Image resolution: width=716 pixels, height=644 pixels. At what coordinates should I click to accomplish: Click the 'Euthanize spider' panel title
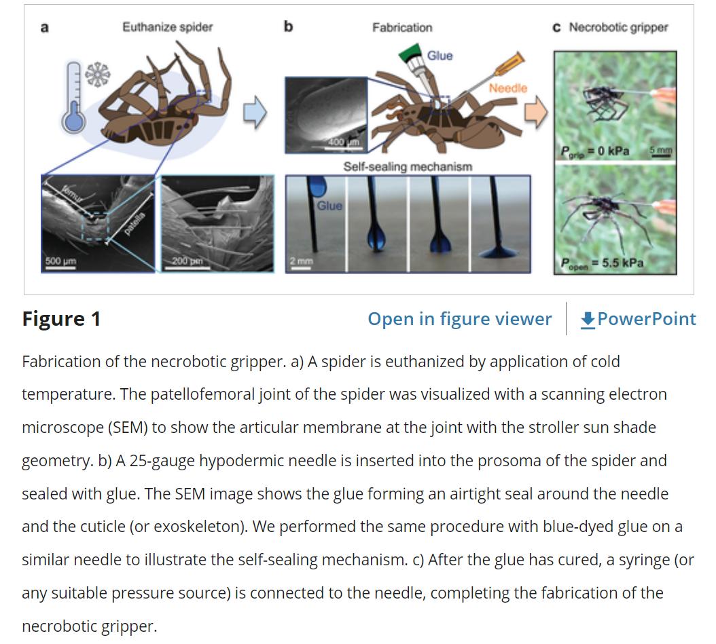point(167,27)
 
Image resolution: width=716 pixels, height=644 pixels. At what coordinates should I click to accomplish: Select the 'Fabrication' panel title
point(401,28)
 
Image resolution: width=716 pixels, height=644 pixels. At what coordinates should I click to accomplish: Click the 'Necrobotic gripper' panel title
point(617,28)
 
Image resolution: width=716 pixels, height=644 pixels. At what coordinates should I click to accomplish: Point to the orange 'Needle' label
point(507,88)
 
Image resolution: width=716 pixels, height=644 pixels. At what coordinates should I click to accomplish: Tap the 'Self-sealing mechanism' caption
point(407,166)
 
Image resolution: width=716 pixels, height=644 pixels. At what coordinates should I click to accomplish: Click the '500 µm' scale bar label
point(60,260)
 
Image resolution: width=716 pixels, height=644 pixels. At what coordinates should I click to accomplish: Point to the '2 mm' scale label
point(302,261)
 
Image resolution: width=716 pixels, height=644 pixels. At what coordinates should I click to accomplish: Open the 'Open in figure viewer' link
point(459,319)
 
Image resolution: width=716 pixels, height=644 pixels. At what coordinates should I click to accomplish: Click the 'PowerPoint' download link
point(639,319)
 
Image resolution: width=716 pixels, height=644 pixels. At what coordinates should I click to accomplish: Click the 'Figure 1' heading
point(61,319)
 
